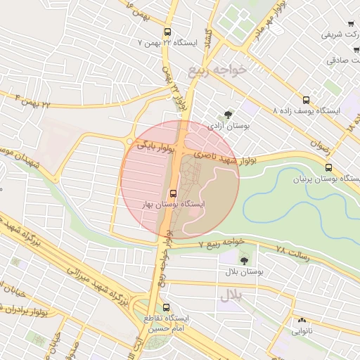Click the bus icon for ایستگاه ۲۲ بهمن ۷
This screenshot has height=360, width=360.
click(167, 32)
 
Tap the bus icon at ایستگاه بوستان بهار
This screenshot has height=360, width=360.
click(173, 193)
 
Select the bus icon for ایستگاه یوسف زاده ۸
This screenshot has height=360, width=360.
click(306, 101)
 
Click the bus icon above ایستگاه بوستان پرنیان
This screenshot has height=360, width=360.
click(328, 167)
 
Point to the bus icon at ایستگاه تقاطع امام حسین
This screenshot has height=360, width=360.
click(167, 307)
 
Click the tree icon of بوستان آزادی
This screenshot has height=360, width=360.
click(227, 114)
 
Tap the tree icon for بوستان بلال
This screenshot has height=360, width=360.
click(244, 261)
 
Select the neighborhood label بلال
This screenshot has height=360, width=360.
click(230, 296)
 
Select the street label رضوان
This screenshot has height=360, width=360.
click(319, 141)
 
